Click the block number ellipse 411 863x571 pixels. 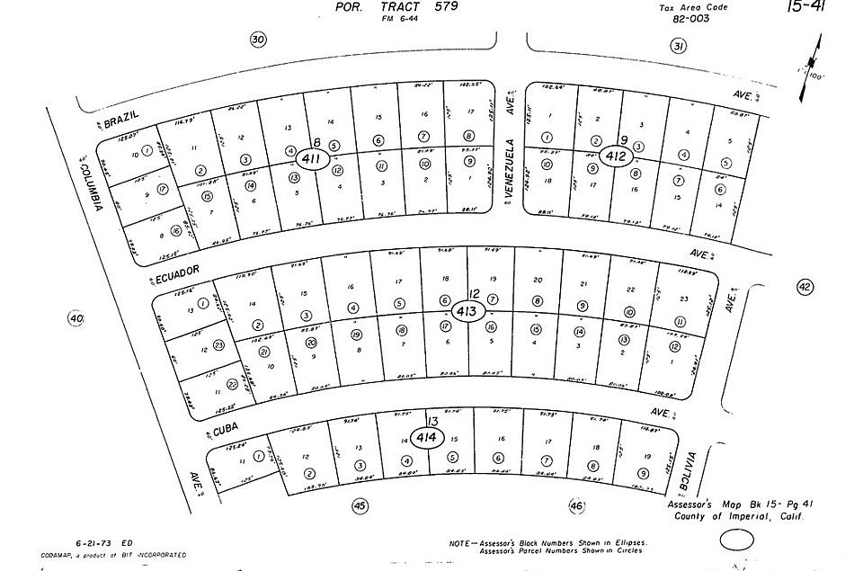[312, 160]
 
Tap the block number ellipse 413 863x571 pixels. [465, 311]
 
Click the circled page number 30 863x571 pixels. [259, 40]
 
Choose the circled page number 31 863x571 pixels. [679, 46]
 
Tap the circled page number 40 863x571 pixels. [76, 318]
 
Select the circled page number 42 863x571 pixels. [804, 287]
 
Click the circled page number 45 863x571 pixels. [360, 507]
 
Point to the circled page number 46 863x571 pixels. [577, 507]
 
